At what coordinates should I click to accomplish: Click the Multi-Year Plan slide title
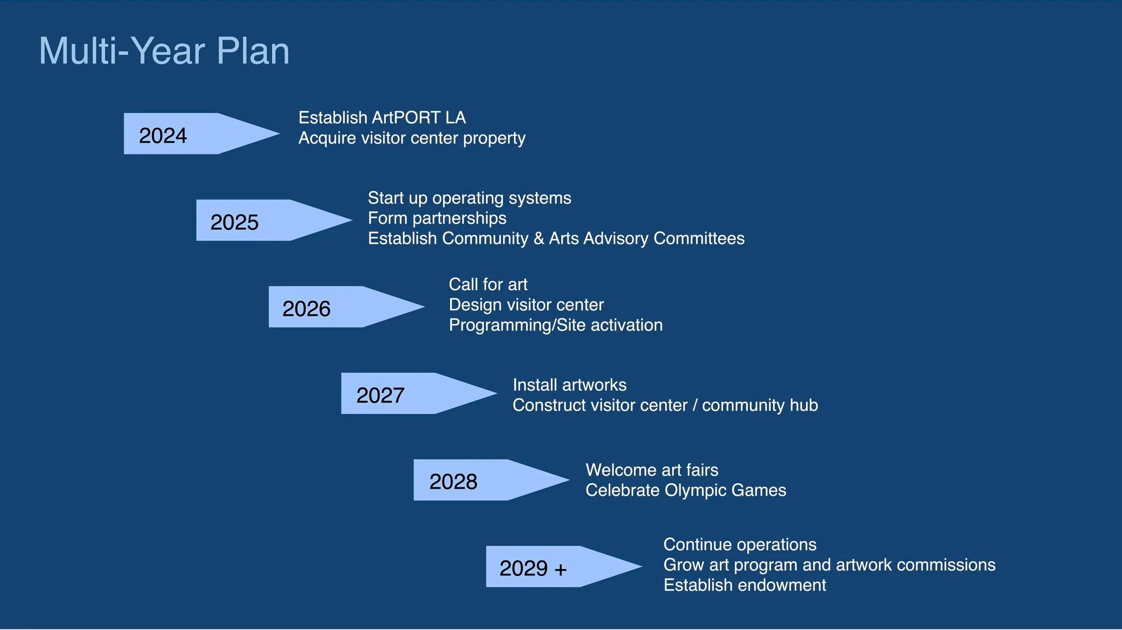pos(164,51)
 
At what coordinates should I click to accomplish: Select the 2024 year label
pos(163,135)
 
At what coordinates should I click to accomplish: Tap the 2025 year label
pos(234,222)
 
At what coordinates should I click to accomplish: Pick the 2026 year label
pos(306,308)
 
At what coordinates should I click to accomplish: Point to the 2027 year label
pos(380,395)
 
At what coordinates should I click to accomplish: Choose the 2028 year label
pos(453,482)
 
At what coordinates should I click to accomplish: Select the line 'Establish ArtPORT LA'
pos(382,117)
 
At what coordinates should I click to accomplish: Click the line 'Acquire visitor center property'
pos(412,138)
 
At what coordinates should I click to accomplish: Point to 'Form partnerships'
pos(437,218)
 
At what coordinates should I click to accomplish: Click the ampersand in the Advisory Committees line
pos(539,239)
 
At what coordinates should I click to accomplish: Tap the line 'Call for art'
pos(488,284)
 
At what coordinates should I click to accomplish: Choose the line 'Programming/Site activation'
pos(555,325)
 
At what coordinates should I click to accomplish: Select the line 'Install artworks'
pos(569,385)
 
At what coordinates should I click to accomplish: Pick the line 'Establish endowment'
pos(745,585)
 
